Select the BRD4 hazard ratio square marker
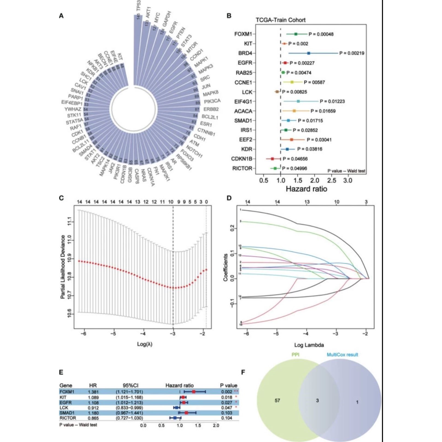[309, 53]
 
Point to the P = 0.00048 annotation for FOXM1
[321, 34]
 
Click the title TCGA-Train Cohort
[281, 20]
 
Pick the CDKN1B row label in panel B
[241, 159]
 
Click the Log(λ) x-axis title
[145, 344]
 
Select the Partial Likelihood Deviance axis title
[63, 267]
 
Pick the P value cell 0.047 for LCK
[226, 408]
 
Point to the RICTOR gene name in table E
[68, 418]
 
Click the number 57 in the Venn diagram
[277, 400]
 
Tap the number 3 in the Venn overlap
[317, 400]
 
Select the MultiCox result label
[342, 355]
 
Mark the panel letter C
[61, 198]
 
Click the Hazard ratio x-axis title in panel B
[306, 189]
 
